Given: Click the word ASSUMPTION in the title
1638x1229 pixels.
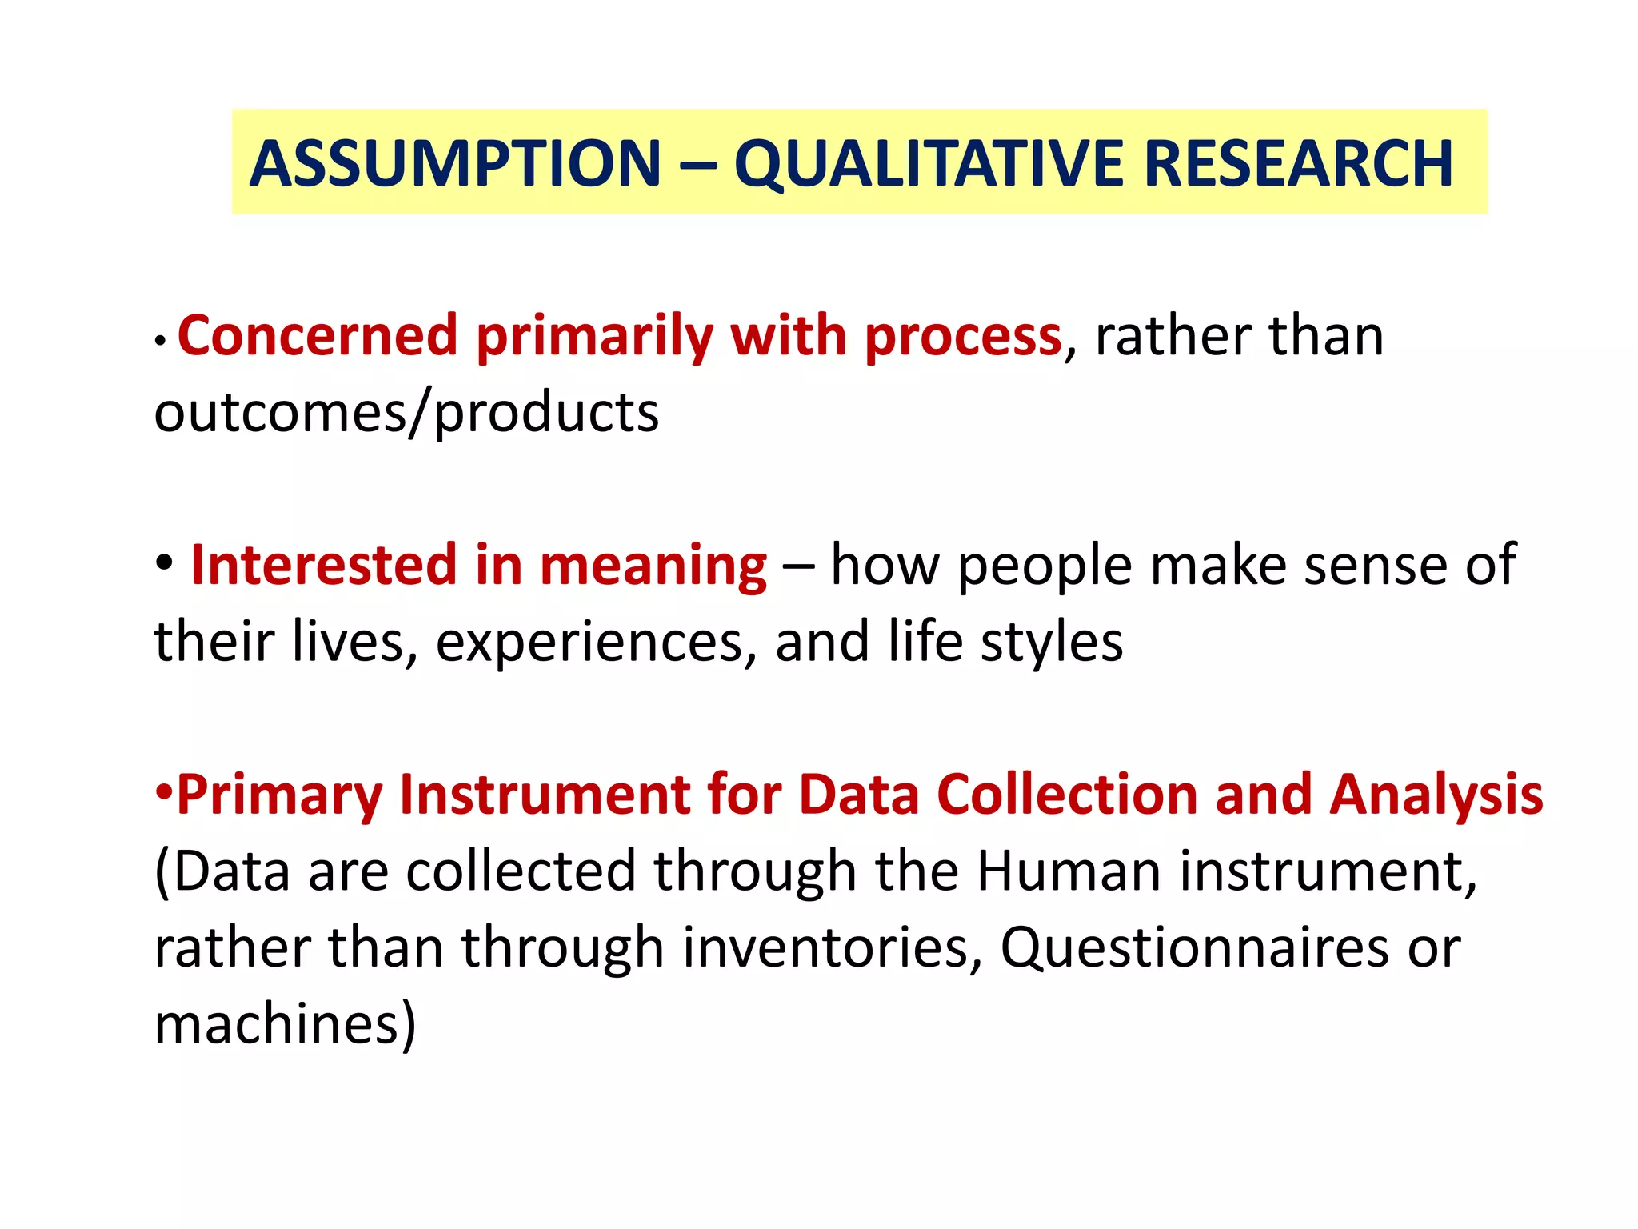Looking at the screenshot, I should (455, 164).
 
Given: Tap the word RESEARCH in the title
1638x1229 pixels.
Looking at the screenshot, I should (1298, 164).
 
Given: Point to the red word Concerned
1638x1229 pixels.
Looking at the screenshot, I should (317, 336).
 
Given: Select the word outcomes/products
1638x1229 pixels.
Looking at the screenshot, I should (406, 414).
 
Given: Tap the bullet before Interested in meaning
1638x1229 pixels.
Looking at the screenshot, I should (164, 562).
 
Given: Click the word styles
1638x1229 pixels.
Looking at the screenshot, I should (1051, 643).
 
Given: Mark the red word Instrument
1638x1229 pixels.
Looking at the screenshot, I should (545, 795).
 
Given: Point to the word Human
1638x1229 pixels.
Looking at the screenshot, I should (1068, 871).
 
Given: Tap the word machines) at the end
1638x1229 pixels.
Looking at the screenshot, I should (286, 1023).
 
